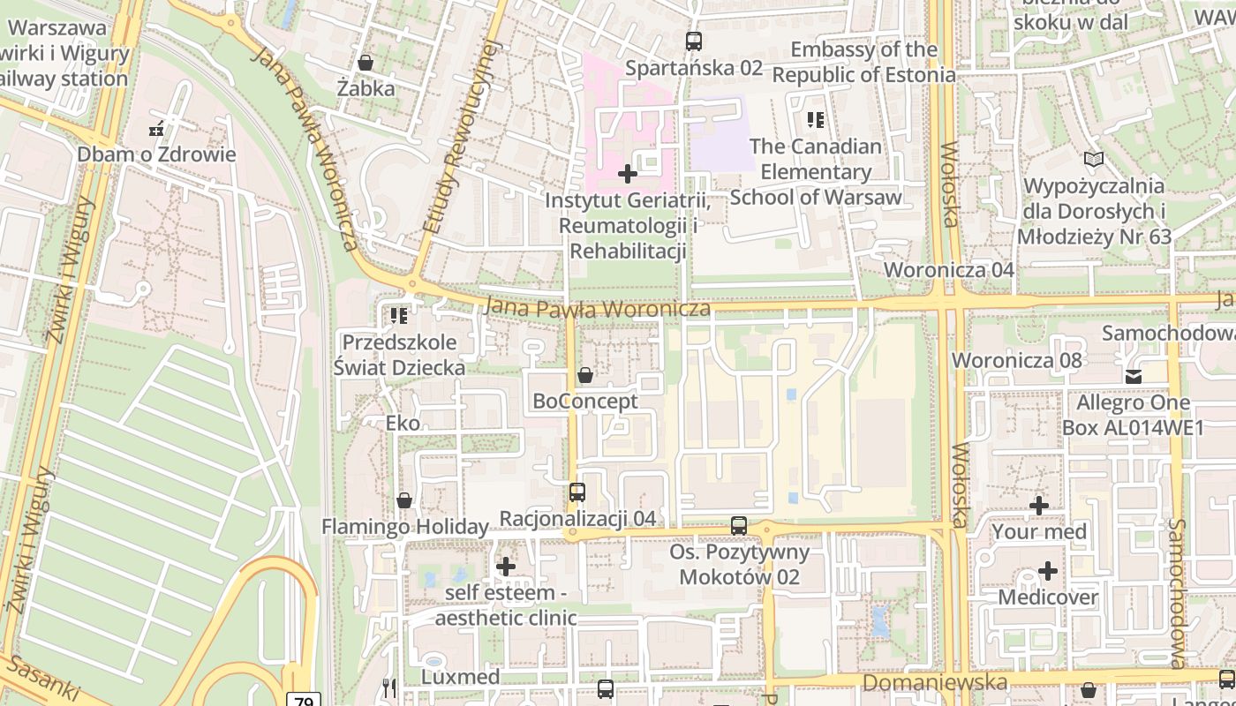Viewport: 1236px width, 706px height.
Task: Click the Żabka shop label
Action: (366, 88)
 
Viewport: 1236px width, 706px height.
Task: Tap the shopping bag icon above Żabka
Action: (366, 63)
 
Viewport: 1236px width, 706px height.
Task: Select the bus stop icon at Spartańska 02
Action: (693, 41)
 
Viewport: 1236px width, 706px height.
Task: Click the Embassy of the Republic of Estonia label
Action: (863, 62)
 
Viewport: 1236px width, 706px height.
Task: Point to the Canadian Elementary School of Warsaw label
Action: (815, 171)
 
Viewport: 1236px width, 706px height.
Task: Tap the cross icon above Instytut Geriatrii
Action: (628, 174)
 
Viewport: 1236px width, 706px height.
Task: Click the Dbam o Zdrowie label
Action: (156, 154)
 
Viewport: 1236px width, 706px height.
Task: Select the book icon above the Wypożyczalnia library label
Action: (1094, 160)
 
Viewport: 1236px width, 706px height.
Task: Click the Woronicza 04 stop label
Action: (949, 269)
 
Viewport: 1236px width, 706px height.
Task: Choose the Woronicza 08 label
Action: (1016, 360)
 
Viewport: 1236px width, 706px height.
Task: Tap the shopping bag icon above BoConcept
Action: (584, 376)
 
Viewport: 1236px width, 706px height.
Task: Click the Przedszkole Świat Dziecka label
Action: (399, 355)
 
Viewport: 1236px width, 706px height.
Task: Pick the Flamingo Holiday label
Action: (404, 527)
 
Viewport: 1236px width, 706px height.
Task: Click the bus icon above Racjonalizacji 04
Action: (577, 492)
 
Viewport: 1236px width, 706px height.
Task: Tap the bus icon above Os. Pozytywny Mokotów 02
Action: (739, 526)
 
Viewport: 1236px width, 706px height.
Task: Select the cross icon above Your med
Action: (1039, 506)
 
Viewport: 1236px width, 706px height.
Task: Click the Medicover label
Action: (1048, 597)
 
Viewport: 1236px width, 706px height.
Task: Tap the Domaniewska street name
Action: (934, 683)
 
